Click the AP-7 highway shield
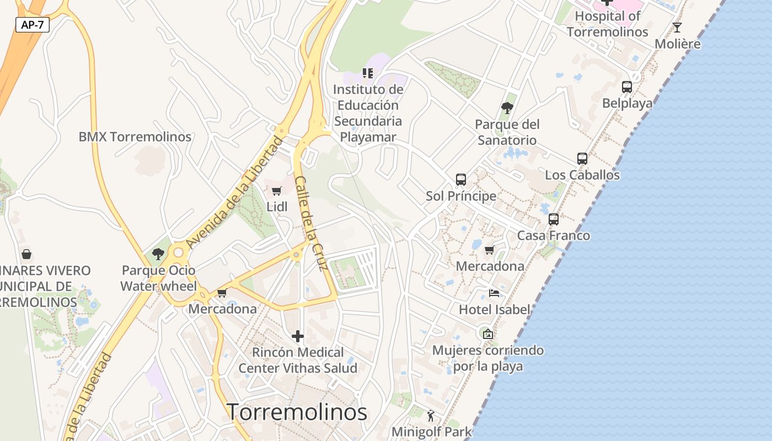click(x=33, y=25)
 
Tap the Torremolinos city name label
click(x=297, y=412)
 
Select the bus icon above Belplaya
click(x=627, y=87)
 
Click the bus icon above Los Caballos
click(x=582, y=159)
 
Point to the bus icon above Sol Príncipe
click(x=461, y=180)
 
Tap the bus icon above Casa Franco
click(x=554, y=219)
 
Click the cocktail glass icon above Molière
click(x=677, y=28)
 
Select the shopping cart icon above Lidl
click(x=277, y=191)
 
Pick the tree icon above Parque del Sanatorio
click(x=507, y=108)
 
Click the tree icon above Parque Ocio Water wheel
click(x=158, y=254)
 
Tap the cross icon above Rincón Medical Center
click(x=298, y=336)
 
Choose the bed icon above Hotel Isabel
click(x=494, y=293)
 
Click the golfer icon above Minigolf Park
click(x=431, y=415)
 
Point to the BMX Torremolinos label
click(x=135, y=137)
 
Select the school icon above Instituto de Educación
click(x=368, y=73)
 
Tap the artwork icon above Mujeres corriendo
click(x=487, y=334)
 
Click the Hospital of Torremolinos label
click(x=608, y=24)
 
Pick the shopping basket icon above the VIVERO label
click(x=26, y=254)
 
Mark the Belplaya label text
click(x=627, y=103)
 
